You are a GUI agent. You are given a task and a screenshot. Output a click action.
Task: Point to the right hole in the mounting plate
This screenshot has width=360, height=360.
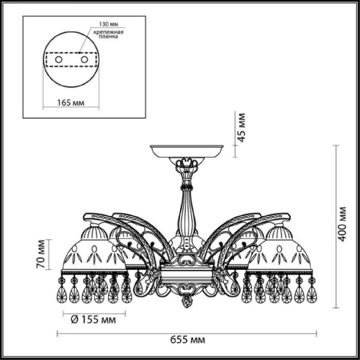pos(84,59)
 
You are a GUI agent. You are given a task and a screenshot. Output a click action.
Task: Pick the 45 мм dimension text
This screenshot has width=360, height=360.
pos(243,127)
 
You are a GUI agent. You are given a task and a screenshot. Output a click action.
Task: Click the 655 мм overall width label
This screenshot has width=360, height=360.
pos(185,341)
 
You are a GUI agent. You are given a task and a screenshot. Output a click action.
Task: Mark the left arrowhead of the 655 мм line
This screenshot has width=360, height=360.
pos(59,333)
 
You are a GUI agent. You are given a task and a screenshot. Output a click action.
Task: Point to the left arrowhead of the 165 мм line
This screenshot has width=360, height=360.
pos(45,92)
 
